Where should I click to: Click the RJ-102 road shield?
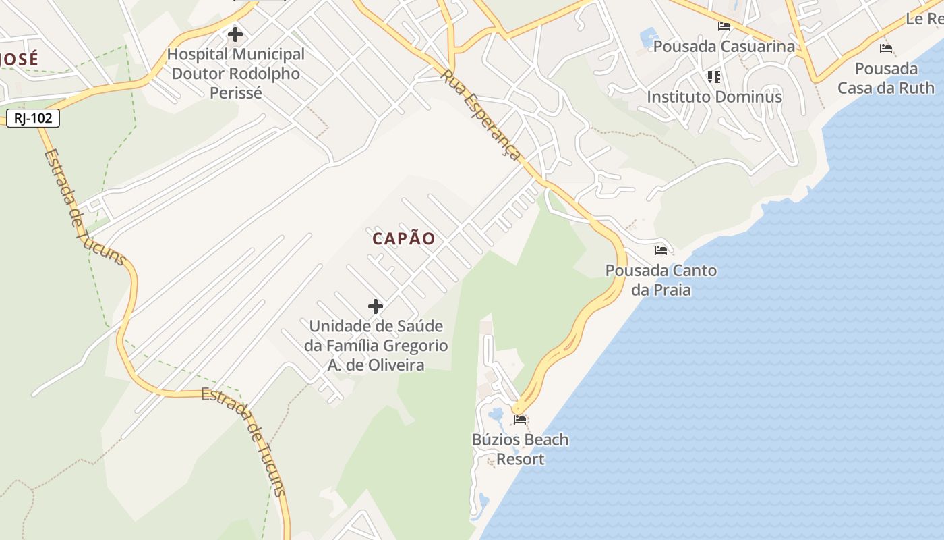(x=33, y=118)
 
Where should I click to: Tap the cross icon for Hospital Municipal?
(x=235, y=34)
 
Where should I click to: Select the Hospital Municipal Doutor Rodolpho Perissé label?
(x=236, y=73)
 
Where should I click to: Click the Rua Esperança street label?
(x=481, y=114)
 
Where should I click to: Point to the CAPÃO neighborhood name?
(x=404, y=238)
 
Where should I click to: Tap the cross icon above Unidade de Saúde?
(x=376, y=306)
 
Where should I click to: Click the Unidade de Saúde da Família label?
(x=376, y=346)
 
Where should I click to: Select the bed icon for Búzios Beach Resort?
(x=520, y=419)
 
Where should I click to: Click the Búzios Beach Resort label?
(x=520, y=450)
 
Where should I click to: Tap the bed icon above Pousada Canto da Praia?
(x=661, y=250)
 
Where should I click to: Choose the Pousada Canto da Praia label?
(x=661, y=280)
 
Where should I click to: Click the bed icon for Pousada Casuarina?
(x=724, y=26)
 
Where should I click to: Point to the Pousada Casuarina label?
(x=724, y=47)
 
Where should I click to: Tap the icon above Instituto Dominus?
(x=714, y=76)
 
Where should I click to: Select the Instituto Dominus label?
(x=714, y=97)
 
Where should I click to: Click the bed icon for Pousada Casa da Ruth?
(x=886, y=48)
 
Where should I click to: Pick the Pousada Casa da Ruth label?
(x=886, y=78)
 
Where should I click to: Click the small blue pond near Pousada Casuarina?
(x=649, y=36)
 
